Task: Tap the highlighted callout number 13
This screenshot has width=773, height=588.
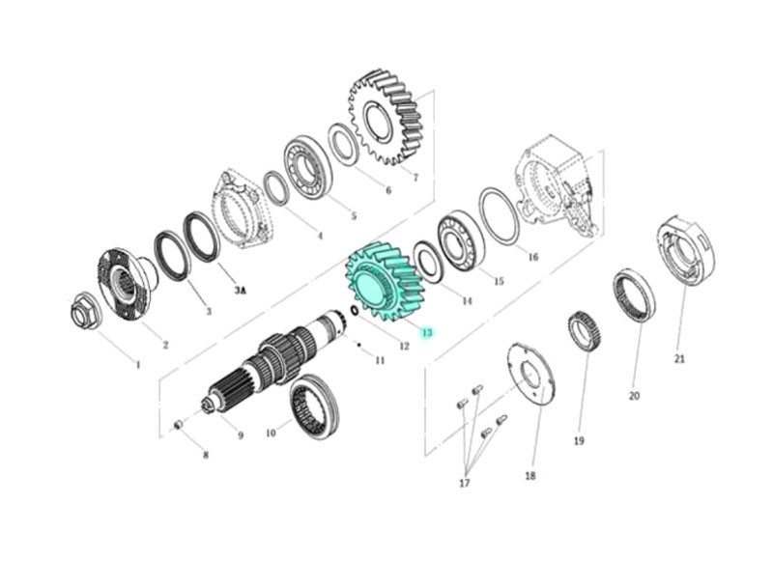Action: (x=427, y=332)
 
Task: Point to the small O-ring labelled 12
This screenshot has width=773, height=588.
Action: (x=355, y=311)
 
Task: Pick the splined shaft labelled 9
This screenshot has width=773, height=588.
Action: (x=273, y=360)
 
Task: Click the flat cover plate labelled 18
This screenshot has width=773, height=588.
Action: (x=530, y=376)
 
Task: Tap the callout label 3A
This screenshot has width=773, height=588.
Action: (x=240, y=291)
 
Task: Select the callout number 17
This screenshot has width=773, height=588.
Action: (x=465, y=483)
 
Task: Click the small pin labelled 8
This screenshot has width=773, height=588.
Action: (x=179, y=424)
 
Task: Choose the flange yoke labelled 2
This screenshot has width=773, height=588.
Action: (x=128, y=284)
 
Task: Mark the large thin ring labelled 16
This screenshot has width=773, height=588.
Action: (x=499, y=216)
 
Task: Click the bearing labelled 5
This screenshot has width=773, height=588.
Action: (x=307, y=170)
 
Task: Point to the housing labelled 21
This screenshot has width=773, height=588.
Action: (x=687, y=250)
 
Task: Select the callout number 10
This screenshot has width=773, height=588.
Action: (x=271, y=433)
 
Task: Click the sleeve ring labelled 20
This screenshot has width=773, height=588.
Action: (x=634, y=295)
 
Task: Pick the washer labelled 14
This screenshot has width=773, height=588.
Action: (x=427, y=262)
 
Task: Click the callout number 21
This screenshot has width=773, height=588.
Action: (x=679, y=359)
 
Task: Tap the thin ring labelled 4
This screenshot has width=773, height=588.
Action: (x=276, y=187)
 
